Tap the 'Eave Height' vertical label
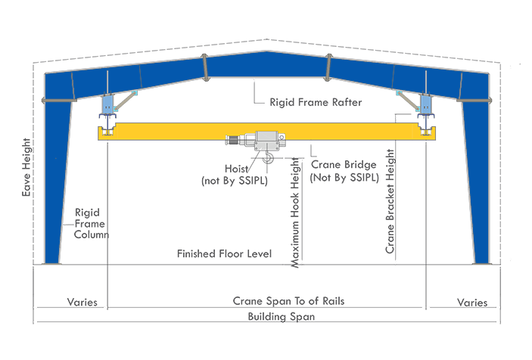pos(26,167)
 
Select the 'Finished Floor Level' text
pos(224,253)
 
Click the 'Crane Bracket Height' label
pos(390,200)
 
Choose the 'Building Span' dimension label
pos(281,317)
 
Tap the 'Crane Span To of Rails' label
pos(288,301)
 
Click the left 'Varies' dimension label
pos(82,302)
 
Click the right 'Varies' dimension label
pos(472,303)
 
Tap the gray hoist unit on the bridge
pos(265,141)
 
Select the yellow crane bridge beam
pos(166,134)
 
